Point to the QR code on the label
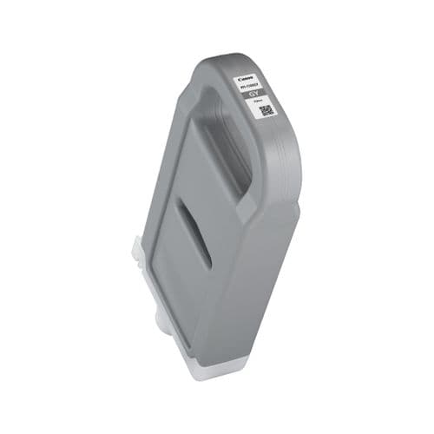266,111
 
